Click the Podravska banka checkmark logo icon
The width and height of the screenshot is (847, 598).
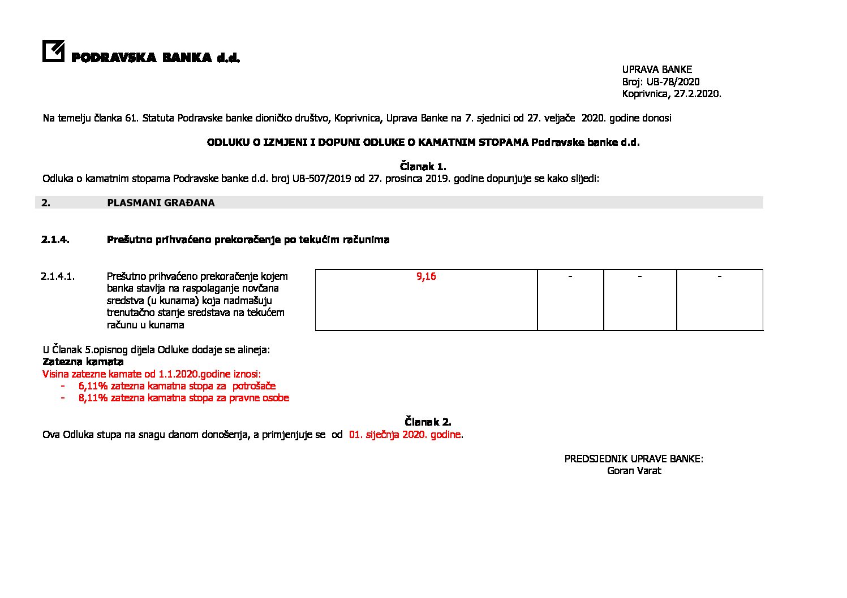(x=53, y=51)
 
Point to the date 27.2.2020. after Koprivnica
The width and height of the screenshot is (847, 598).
(x=697, y=94)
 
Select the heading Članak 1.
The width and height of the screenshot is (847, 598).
(x=423, y=167)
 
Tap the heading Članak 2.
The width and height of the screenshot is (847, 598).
(x=428, y=422)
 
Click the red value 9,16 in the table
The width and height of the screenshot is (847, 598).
(x=426, y=276)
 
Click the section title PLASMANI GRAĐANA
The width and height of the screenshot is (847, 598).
(x=161, y=203)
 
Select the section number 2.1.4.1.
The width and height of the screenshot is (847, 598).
(x=58, y=276)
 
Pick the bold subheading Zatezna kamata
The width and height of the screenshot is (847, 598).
(x=83, y=362)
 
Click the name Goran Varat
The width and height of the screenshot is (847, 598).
(x=634, y=471)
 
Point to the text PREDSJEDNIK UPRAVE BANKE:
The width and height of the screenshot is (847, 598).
(x=634, y=459)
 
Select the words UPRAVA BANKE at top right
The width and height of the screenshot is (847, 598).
(x=657, y=70)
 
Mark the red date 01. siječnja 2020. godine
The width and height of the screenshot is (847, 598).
(x=405, y=435)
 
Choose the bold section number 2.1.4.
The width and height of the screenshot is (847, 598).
(x=55, y=240)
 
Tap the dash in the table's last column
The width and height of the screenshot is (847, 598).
(x=719, y=276)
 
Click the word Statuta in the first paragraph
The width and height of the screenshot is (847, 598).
(x=158, y=118)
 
